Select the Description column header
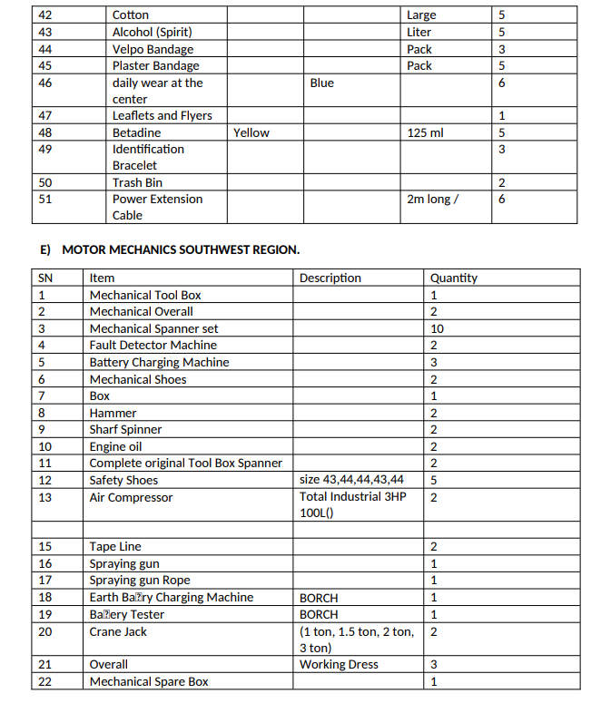[x=330, y=278]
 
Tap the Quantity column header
[x=453, y=278]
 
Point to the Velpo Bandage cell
[x=153, y=49]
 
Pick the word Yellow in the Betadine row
[x=251, y=132]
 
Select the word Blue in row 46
[x=321, y=83]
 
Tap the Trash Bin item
[x=137, y=182]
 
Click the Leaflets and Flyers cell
[x=162, y=115]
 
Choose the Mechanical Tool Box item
[x=145, y=295]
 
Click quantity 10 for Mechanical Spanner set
[x=436, y=328]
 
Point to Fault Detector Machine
[x=153, y=345]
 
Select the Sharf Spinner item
[x=125, y=429]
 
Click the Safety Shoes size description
[x=352, y=480]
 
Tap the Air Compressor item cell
[x=131, y=497]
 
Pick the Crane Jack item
[x=118, y=631]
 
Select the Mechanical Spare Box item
[x=149, y=681]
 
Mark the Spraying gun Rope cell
[x=140, y=581]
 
